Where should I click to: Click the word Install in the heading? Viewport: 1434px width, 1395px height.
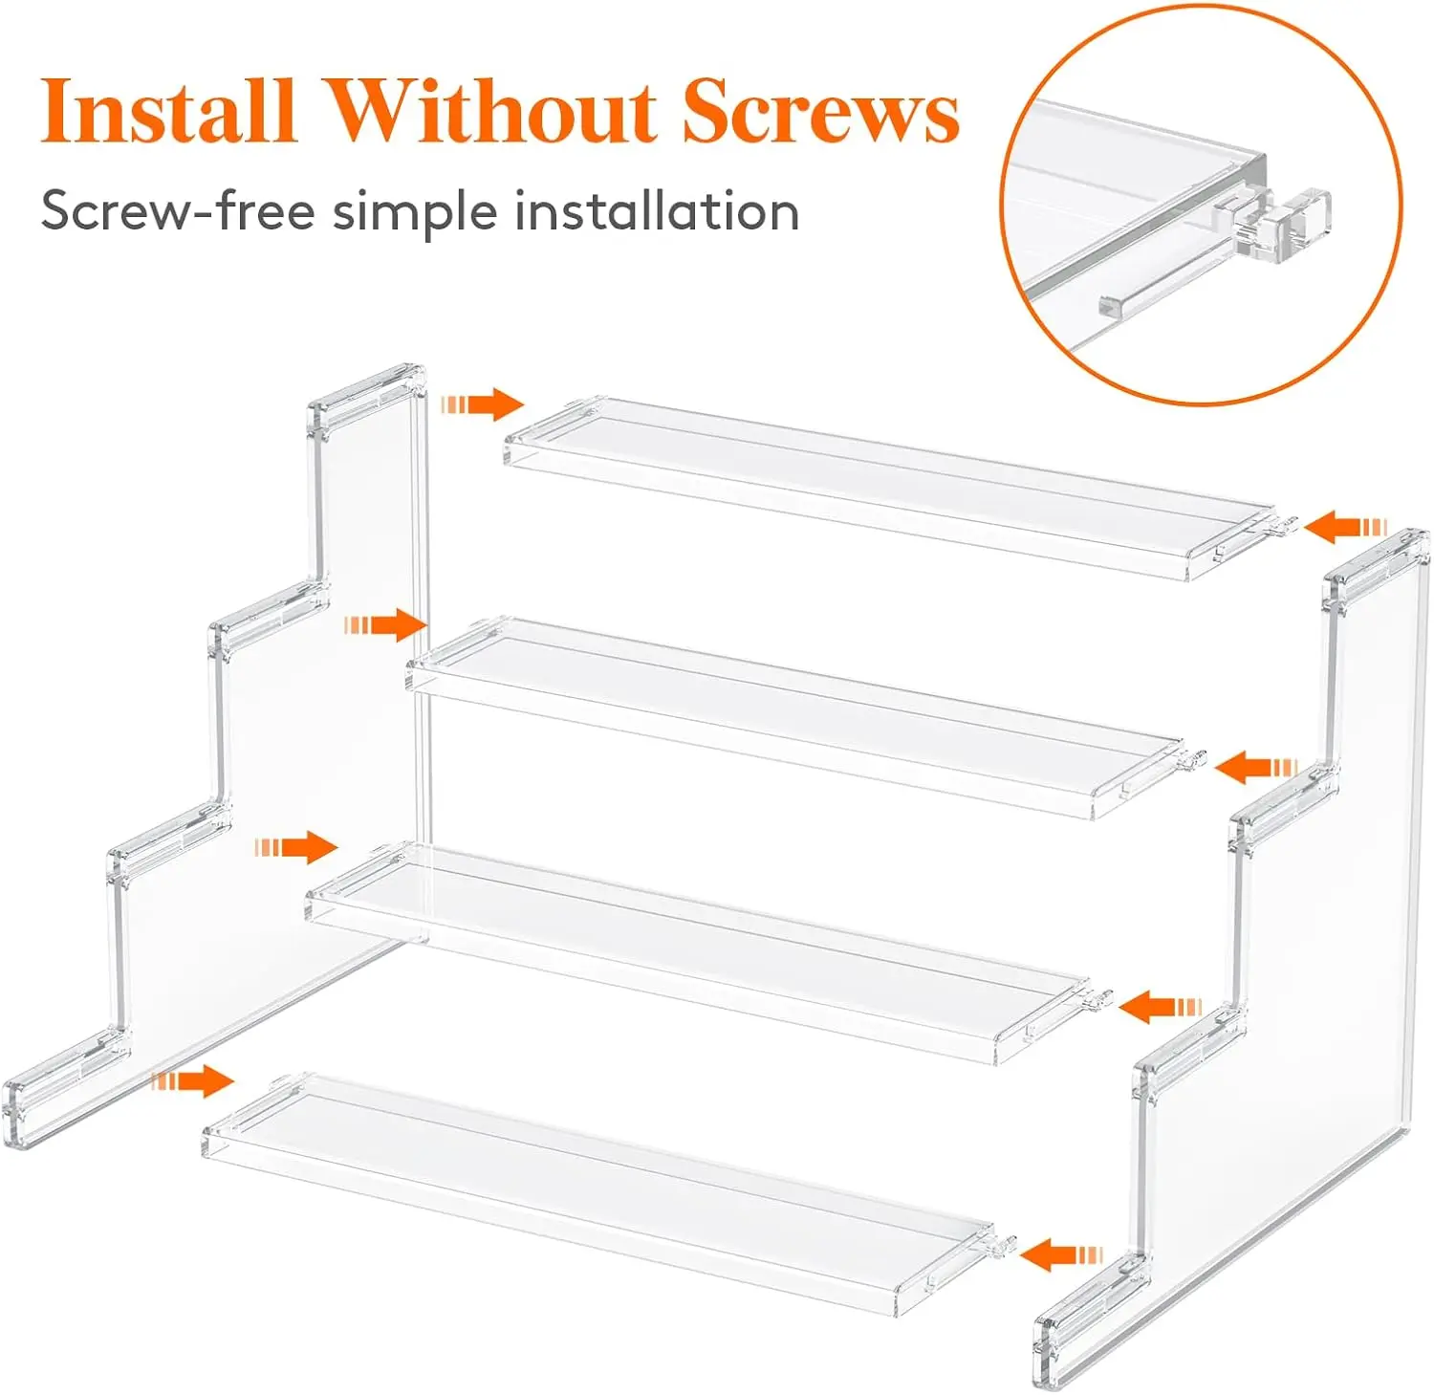coord(167,111)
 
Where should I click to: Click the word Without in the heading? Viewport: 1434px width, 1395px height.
coord(492,111)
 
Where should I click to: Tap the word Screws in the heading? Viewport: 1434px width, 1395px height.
coord(820,111)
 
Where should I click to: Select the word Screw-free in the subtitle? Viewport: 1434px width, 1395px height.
coord(178,211)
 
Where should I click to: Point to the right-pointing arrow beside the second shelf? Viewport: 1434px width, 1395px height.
coord(385,626)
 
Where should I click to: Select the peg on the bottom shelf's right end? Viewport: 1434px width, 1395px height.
coord(1000,1246)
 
